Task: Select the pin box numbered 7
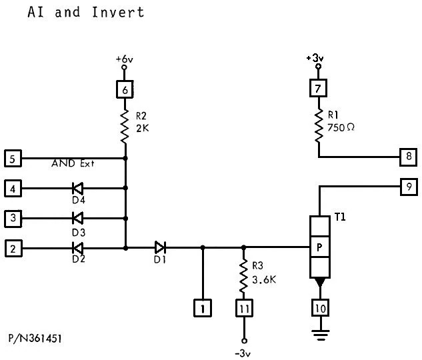(x=319, y=87)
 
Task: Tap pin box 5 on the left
(x=12, y=159)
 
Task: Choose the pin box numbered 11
(x=243, y=308)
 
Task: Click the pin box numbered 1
(x=202, y=308)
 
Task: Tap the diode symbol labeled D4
(x=77, y=189)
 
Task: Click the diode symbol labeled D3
(x=77, y=217)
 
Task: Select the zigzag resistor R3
(x=243, y=274)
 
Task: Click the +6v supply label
(x=125, y=59)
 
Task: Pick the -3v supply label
(x=243, y=351)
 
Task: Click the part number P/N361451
(x=37, y=339)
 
